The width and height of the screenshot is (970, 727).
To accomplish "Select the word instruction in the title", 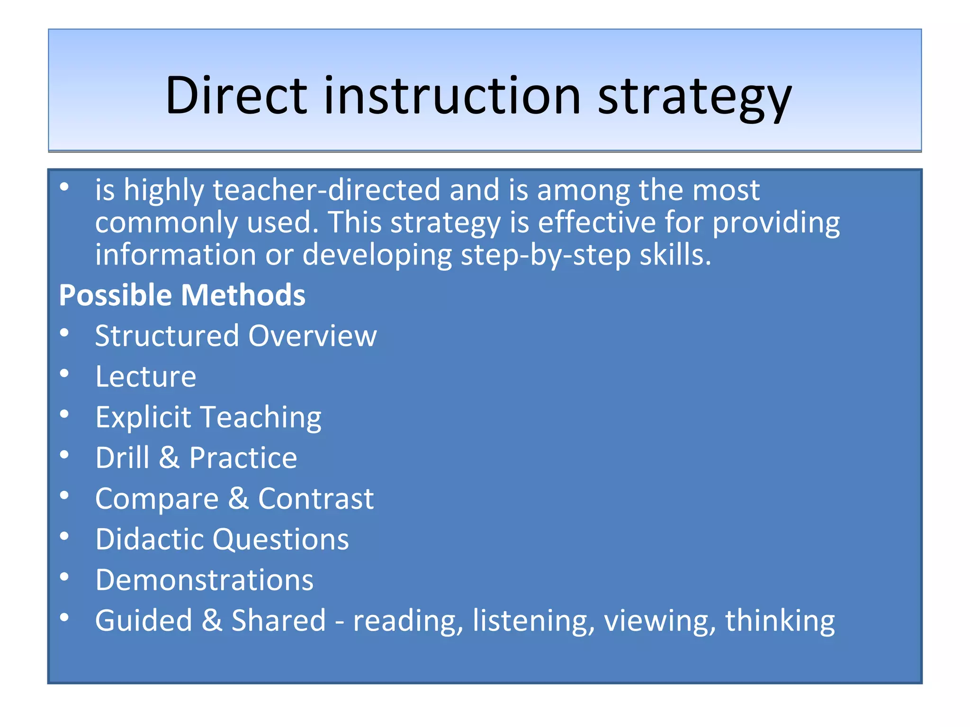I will tap(452, 96).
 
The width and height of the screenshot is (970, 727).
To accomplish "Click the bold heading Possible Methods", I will tap(182, 295).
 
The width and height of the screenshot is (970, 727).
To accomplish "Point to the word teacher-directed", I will tap(327, 190).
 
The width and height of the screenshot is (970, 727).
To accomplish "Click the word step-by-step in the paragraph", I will tap(546, 256).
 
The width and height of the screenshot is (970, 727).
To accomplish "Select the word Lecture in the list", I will tap(146, 377).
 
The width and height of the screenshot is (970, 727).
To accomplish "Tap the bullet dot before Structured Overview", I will tap(64, 333).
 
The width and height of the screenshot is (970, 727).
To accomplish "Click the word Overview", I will tap(313, 336).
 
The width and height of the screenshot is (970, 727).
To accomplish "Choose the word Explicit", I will tap(143, 417).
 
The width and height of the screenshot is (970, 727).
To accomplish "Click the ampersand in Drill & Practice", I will tap(169, 458).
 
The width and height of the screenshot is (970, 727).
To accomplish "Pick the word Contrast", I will tap(316, 499).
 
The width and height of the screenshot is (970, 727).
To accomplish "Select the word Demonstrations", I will tap(204, 580).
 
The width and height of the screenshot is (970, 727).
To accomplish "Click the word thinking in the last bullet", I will tap(780, 621).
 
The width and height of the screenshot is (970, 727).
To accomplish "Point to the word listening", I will tap(533, 621).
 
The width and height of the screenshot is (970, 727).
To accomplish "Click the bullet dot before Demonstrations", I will tap(64, 577).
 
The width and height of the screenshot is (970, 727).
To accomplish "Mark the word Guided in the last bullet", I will tap(144, 621).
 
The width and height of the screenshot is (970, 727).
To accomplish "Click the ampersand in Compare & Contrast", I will tap(238, 499).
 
